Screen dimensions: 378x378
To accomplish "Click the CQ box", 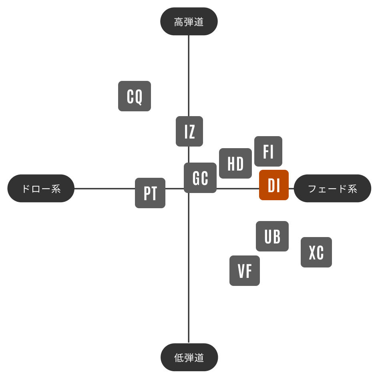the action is [135, 96].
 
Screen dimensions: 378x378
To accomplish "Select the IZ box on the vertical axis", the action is [189, 131].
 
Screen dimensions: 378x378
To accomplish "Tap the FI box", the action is [268, 151].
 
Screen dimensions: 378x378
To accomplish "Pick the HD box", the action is [235, 163].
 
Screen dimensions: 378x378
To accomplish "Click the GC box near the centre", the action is [200, 178].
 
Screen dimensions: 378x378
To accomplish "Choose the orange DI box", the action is [274, 185].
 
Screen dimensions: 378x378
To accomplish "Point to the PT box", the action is [150, 193].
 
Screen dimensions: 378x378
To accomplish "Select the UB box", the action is [272, 236].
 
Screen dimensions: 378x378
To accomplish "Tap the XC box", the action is [316, 252].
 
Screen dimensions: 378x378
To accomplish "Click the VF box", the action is [245, 271].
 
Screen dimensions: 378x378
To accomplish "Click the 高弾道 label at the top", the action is [189, 22].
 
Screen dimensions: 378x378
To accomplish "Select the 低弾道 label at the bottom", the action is [189, 357].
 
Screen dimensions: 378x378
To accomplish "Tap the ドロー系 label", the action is [41, 188].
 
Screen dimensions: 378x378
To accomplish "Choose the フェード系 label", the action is [332, 188].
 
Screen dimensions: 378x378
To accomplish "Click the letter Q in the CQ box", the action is [139, 97].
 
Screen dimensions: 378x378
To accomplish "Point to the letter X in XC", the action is [312, 253].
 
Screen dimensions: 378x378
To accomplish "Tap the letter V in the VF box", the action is [241, 271].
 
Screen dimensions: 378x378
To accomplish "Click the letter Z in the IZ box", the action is [191, 132].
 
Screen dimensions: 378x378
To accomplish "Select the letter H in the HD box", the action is [231, 164].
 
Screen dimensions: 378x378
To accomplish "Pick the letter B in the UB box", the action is [277, 237].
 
